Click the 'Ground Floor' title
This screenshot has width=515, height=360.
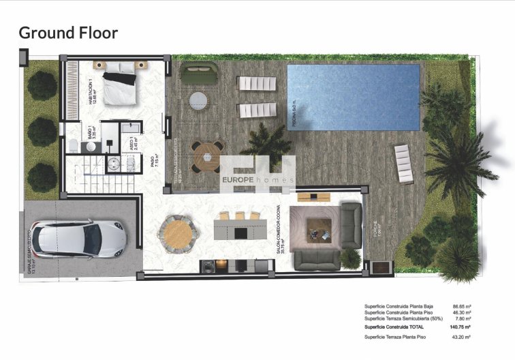[x=68, y=32]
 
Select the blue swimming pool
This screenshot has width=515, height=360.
[x=353, y=96]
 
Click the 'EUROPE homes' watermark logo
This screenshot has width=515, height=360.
[x=257, y=179]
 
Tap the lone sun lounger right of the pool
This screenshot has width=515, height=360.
[x=404, y=164]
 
